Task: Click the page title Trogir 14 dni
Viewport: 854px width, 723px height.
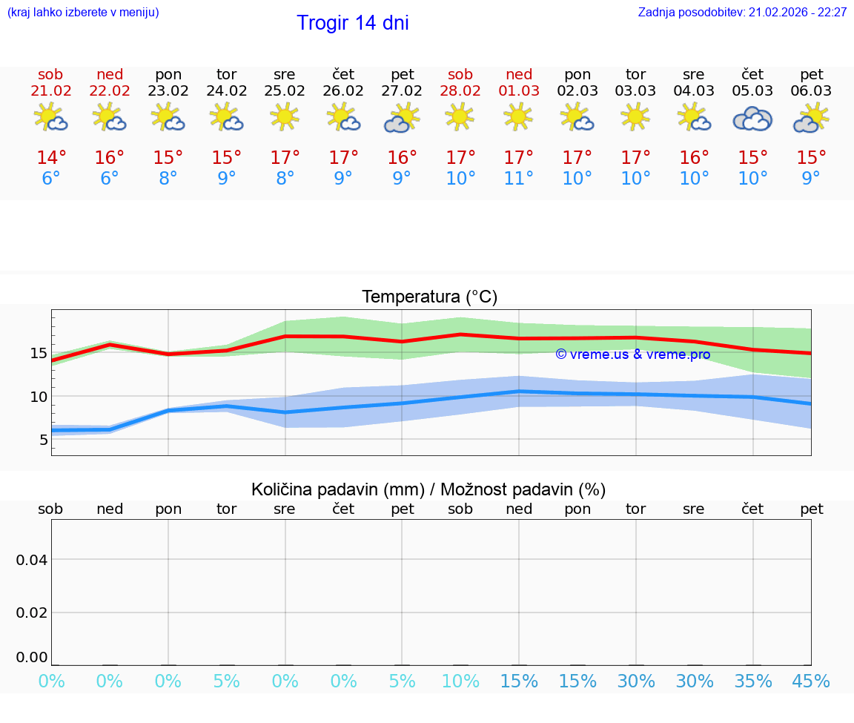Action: [353, 23]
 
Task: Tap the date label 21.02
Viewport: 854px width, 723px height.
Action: [51, 91]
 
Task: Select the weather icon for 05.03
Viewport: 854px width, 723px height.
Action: [753, 119]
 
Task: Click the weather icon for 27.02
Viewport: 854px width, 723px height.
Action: [402, 119]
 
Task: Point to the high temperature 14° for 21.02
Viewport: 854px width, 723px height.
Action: [51, 158]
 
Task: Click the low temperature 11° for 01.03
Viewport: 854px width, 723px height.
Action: [519, 179]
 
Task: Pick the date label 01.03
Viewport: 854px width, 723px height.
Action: [519, 91]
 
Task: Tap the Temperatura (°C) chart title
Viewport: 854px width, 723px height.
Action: [430, 297]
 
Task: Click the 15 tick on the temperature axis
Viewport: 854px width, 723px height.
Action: [39, 353]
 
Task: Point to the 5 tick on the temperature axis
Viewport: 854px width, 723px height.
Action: [43, 440]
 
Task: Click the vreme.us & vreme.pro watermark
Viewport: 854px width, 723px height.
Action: [633, 354]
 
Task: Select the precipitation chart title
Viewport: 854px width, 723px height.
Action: [428, 489]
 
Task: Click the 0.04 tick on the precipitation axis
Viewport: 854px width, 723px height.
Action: [32, 560]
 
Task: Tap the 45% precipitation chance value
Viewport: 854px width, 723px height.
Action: [811, 681]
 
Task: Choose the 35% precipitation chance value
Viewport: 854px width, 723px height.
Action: [753, 681]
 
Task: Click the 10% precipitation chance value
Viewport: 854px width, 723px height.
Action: [460, 681]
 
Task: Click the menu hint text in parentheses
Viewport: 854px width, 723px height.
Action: [83, 13]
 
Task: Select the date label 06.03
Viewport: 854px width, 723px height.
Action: [811, 91]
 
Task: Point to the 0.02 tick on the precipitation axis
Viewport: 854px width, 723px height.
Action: [32, 613]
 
